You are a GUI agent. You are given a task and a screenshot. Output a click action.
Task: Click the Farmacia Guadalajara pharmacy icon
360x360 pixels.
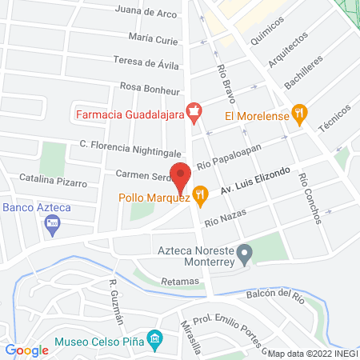(x=193, y=112)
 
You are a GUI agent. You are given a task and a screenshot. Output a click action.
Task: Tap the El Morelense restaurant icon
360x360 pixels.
(x=300, y=113)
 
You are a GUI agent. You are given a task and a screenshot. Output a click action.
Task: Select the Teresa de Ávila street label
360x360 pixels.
(x=146, y=62)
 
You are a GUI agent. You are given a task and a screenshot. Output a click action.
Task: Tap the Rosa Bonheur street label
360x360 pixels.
(x=148, y=86)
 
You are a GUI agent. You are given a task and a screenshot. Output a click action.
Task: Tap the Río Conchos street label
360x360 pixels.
(x=305, y=197)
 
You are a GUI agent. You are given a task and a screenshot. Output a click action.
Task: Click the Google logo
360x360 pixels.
(x=26, y=350)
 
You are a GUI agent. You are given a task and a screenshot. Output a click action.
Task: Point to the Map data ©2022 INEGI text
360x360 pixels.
(x=313, y=353)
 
